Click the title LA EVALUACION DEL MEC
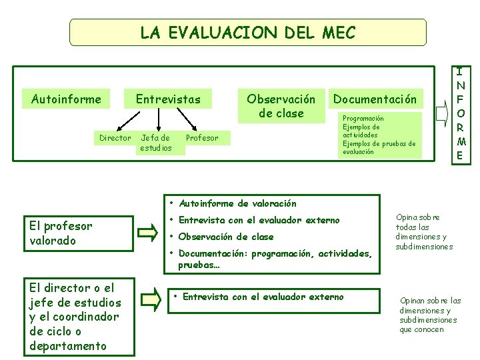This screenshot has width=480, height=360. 247,32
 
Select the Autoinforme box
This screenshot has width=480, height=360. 66,99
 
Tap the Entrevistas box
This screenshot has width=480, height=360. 168,99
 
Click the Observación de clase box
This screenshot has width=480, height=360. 281,106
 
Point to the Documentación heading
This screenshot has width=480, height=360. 375,99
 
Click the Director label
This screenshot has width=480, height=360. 115,138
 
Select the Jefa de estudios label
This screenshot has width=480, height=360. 155,143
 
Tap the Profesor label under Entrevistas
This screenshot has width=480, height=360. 201,138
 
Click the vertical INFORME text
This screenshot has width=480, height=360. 460,113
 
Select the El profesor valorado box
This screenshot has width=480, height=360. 79,233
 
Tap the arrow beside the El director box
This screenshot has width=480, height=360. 151,299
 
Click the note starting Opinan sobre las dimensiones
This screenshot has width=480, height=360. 430,315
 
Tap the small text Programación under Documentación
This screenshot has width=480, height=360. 363,118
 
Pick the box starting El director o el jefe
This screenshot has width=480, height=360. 79,317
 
